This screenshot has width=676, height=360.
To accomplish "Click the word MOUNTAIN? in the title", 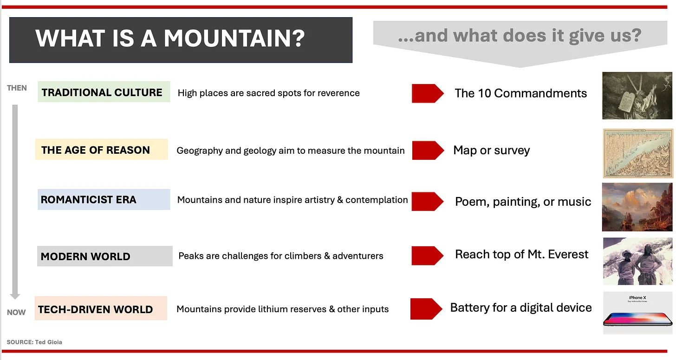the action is pos(234,39).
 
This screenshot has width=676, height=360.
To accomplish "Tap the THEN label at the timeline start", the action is pos(17,88).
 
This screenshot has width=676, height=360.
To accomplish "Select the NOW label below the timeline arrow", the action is pos(16,312).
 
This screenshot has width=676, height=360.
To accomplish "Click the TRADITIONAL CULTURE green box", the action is pos(104,92).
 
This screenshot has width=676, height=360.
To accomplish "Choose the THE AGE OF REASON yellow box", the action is pos(101,150).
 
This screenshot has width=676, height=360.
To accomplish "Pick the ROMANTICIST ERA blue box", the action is pos(104,199).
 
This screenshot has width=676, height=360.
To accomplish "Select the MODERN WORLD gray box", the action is pos(105,256).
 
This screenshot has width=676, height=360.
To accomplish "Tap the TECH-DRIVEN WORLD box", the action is pos(101,308).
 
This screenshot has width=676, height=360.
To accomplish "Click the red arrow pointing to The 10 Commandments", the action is pos(428,93).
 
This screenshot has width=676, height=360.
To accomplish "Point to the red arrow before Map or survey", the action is pos(428,151).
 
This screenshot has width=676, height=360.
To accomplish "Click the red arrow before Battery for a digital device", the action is pos(426,309).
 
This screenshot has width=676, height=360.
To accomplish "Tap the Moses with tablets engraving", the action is pos(637,95).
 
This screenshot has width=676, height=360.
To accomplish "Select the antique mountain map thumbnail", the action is pos(638,153).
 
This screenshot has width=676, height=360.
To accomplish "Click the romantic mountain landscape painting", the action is pos(637,207).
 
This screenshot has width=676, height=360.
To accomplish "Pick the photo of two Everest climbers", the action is pos(637,261).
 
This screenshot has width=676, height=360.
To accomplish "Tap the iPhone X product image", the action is pos(637,313).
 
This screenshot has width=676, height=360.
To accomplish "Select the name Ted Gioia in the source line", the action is pos(49,342).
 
